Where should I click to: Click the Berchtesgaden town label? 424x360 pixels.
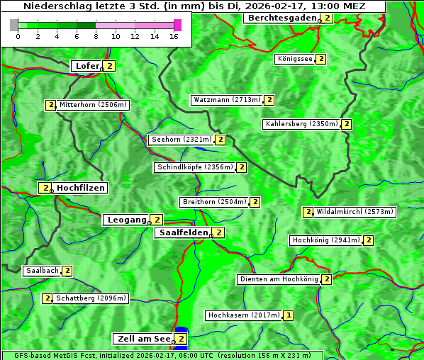(282, 18)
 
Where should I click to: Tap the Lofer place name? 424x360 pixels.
(87, 66)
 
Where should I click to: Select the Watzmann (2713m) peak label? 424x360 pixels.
(227, 100)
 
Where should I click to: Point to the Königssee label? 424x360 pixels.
(295, 59)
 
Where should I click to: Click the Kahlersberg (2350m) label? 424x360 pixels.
(301, 124)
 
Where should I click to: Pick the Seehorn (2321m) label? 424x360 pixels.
(182, 140)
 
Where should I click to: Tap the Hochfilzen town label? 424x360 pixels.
(81, 188)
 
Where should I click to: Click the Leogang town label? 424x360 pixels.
(127, 220)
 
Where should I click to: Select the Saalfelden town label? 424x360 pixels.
(183, 232)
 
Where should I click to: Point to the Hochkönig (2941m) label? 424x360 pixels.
(326, 240)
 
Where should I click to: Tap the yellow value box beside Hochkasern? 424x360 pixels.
(289, 315)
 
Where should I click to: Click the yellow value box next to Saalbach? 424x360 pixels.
(67, 271)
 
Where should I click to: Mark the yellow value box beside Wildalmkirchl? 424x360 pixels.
(308, 212)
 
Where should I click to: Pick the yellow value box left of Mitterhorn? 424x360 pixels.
(50, 105)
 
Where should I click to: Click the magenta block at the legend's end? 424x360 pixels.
(177, 25)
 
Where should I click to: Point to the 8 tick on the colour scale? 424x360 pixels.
(96, 35)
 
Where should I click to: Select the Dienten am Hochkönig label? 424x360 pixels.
(278, 279)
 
